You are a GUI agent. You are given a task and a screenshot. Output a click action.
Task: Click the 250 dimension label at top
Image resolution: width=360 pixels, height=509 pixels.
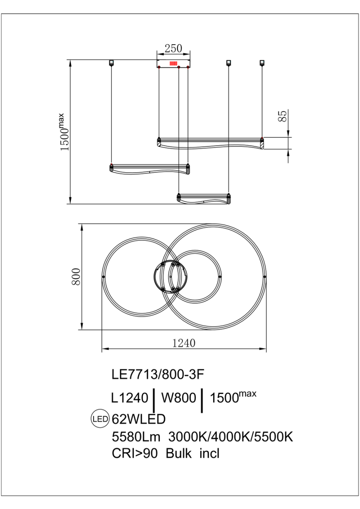pos(173,49)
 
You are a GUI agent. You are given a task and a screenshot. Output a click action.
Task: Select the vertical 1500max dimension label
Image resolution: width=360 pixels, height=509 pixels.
pos(65,132)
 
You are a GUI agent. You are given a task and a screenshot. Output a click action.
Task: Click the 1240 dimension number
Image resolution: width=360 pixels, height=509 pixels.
pos(184,343)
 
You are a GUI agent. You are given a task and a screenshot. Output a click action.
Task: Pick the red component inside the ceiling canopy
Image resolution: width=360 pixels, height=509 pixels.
pos(174,64)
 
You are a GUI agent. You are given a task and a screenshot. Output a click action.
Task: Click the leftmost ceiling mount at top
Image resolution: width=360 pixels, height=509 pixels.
pos(111,63)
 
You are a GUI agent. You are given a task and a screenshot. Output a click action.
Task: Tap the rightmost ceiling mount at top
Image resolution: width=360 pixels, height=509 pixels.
pos(262,63)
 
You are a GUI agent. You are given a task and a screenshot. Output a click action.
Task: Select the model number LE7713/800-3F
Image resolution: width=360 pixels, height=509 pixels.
pos(158,374)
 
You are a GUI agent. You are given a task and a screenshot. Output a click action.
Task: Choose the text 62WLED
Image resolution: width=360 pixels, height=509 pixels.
pos(139,419)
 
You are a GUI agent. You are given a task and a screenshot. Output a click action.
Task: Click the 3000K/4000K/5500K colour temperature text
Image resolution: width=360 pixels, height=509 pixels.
pos(231,437)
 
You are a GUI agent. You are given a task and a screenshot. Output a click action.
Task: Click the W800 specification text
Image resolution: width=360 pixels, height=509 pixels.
pos(178,398)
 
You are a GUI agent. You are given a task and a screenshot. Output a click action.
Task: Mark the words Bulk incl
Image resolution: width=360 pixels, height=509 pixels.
pos(192,453)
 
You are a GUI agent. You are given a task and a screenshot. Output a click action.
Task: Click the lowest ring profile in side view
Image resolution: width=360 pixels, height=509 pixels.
pos(203,199)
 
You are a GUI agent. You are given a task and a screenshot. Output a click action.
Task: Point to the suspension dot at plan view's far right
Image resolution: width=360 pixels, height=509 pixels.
pos(265,277)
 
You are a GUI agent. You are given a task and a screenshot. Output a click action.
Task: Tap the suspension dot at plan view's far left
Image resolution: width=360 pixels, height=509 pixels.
pos(103,277)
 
